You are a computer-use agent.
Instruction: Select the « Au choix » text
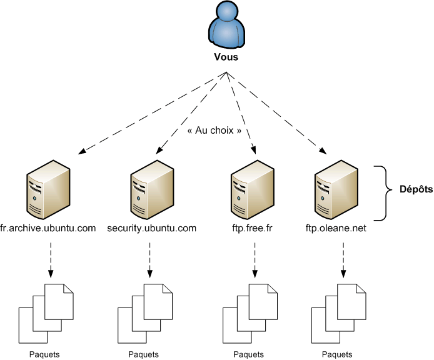(x=214, y=132)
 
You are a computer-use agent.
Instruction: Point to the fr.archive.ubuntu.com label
(x=48, y=228)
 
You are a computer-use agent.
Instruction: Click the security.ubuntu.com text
(x=152, y=228)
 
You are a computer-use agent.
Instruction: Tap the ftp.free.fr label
(x=253, y=228)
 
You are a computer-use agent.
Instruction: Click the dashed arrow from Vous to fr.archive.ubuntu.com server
(x=150, y=112)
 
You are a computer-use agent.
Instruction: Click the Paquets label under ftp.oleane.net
(x=336, y=354)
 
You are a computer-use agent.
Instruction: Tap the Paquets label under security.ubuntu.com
(x=144, y=354)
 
